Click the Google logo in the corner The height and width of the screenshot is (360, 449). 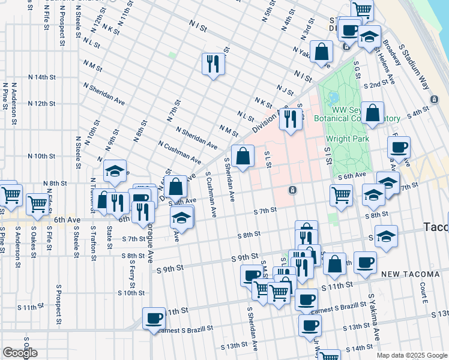coord(20,353)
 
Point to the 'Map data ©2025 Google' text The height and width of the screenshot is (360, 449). coord(411,355)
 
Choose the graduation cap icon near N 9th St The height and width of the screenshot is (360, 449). coord(115,172)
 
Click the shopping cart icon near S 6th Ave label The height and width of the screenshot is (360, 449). coord(341,194)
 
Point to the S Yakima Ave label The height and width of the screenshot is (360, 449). coord(374,324)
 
